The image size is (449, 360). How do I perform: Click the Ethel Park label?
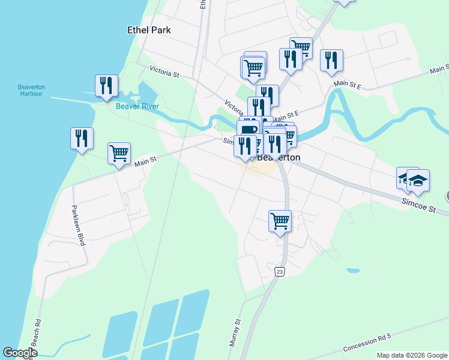[149, 30]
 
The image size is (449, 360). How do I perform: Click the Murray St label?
[235, 333]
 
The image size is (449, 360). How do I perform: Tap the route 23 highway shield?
[280, 272]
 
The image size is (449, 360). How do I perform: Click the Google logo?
[20, 353]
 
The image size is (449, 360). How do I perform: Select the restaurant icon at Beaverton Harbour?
[106, 85]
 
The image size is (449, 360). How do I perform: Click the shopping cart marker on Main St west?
[119, 153]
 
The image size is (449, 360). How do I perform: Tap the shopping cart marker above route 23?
[280, 221]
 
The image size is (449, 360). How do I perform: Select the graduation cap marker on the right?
[418, 180]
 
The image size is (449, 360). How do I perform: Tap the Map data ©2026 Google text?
[412, 355]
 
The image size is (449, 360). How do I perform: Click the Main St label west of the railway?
[145, 160]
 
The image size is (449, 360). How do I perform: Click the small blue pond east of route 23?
[353, 271]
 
